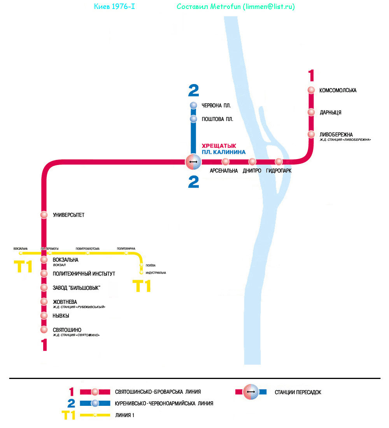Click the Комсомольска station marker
(x=311, y=90)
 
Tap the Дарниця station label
(x=330, y=112)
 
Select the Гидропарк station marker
(x=279, y=162)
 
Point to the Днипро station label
(x=252, y=171)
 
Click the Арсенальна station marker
(x=225, y=162)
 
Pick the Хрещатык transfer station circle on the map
(x=193, y=162)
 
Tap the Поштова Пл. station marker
(x=194, y=119)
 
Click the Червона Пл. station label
(x=216, y=106)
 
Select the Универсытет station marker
(x=44, y=215)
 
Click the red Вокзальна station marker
(x=44, y=260)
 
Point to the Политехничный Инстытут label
(x=84, y=274)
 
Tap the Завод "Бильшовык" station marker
(x=44, y=288)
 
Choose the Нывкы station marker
(x=44, y=316)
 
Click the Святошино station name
(x=67, y=330)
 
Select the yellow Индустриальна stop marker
(x=141, y=273)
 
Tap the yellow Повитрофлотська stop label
(x=88, y=249)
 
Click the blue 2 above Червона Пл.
(x=193, y=90)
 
